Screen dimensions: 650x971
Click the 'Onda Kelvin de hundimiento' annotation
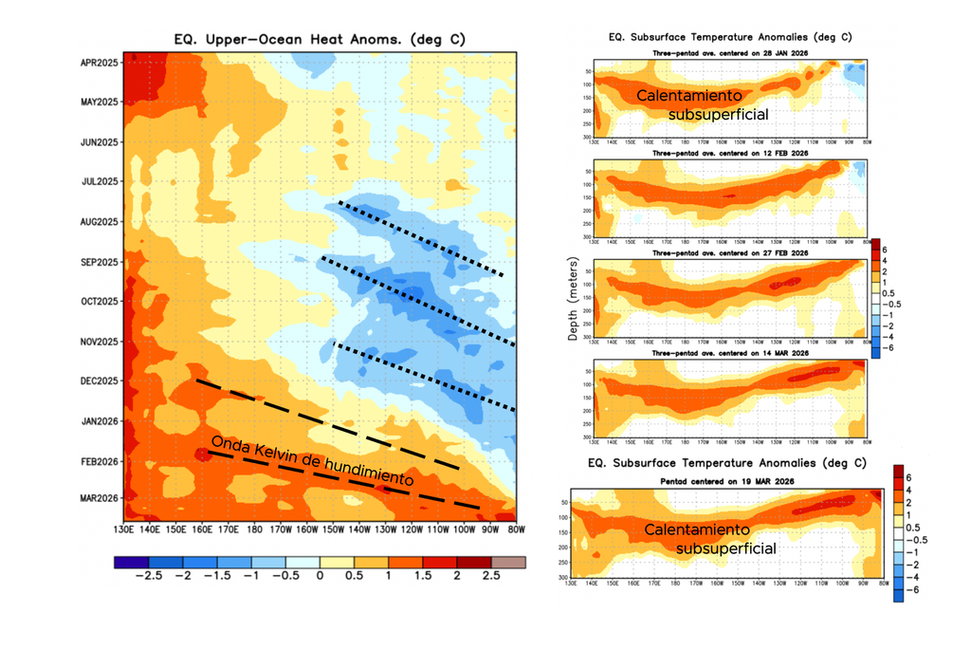pos(312,462)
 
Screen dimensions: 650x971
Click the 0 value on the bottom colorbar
pos(320,576)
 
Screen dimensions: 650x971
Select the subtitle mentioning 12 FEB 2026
pos(727,152)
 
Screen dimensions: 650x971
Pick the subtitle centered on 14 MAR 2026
pos(727,353)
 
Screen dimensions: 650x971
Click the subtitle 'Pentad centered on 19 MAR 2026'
pos(727,482)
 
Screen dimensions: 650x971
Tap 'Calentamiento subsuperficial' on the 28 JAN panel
pos(701,104)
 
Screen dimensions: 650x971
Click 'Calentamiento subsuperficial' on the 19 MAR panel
pos(710,538)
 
